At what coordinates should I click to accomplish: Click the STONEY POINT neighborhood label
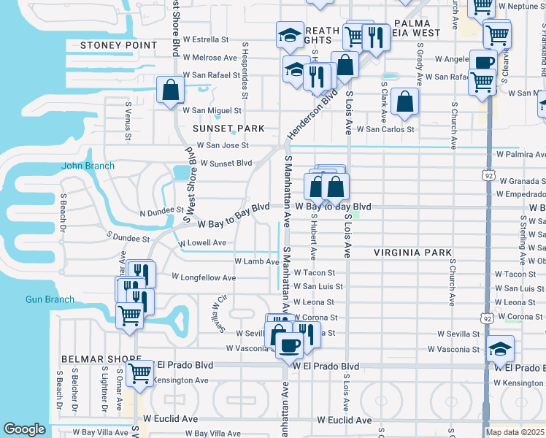tap(118, 45)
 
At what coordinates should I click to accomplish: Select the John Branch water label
tap(88, 166)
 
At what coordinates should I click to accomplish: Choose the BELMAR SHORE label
tap(101, 360)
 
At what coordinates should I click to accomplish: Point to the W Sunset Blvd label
tap(221, 163)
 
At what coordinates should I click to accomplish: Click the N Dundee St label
tap(161, 210)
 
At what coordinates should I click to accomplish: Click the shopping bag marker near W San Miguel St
tap(170, 91)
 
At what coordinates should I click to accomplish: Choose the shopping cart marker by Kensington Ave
tap(139, 372)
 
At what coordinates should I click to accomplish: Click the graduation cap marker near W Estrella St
tap(289, 34)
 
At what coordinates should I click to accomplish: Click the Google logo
tap(24, 429)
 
